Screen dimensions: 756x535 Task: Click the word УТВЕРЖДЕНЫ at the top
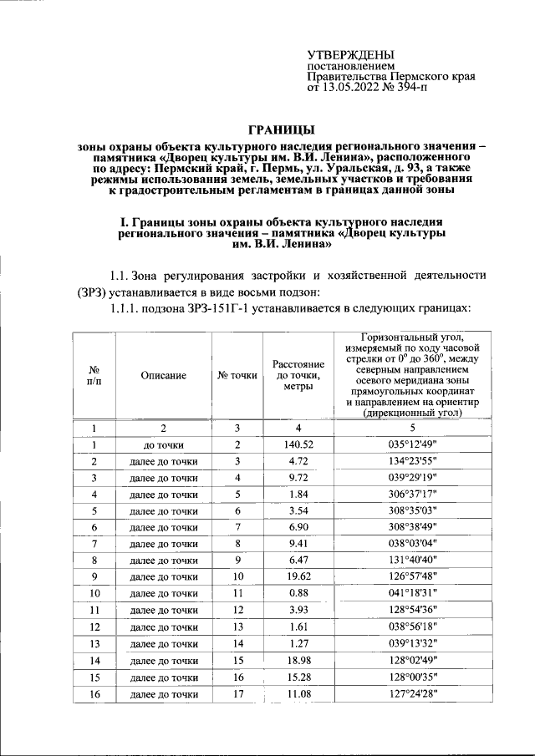[x=352, y=54]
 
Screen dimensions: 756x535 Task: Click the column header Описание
[x=163, y=377]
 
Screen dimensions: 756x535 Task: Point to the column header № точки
[x=237, y=377]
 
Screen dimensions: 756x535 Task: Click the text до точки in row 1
[x=163, y=445]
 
